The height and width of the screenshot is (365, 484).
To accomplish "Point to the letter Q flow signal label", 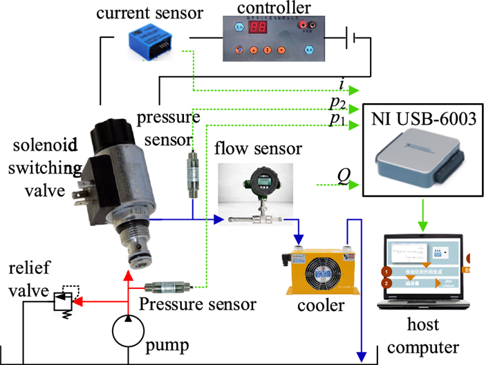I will tap(342, 177).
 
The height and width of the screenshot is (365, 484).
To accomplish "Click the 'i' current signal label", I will tap(342, 84).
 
